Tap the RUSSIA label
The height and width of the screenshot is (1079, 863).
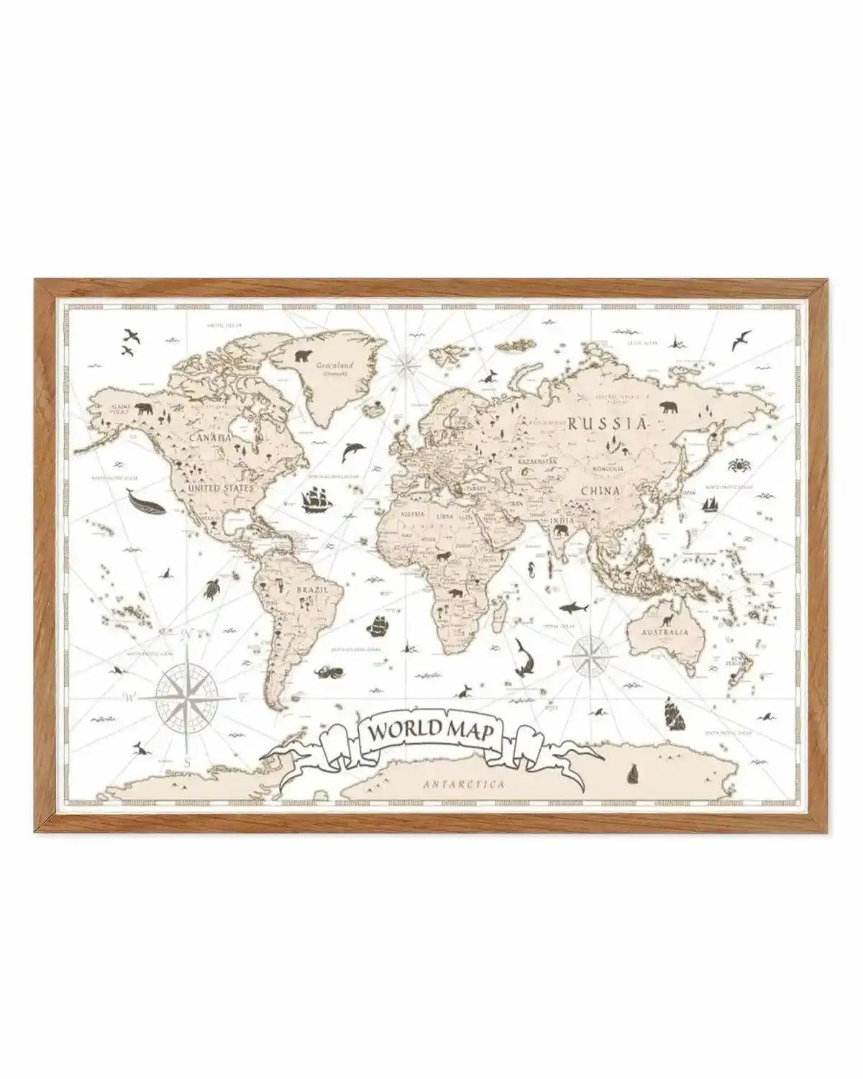tap(608, 422)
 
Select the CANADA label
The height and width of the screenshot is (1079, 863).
tap(210, 437)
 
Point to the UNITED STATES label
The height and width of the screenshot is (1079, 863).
tap(221, 488)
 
